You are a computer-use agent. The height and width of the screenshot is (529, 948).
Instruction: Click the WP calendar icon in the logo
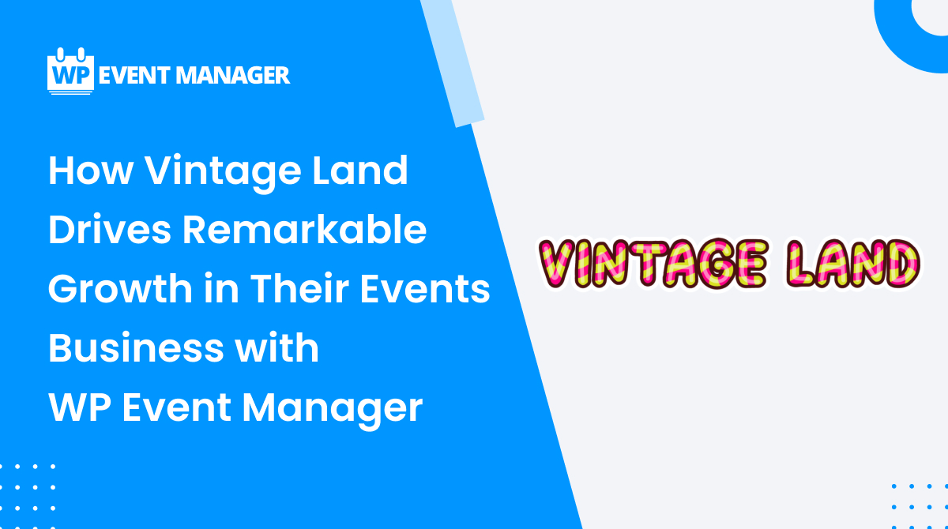point(70,71)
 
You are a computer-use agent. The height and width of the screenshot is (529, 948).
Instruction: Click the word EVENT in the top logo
point(134,76)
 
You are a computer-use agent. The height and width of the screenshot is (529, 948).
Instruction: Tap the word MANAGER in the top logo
point(233,76)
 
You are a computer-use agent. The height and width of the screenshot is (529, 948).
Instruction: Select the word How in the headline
point(91,171)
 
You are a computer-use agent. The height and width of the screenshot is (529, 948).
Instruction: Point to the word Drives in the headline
point(110,230)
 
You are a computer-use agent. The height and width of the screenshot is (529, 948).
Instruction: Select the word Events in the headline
point(425,289)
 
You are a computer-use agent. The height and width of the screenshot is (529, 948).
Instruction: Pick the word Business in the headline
point(136,347)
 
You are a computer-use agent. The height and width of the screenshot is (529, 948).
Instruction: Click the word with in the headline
point(276,347)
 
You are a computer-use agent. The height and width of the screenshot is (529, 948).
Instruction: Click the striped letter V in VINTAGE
point(556,264)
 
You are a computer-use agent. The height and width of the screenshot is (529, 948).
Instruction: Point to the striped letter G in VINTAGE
point(713,264)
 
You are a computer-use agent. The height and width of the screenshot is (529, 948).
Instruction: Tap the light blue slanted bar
point(453,62)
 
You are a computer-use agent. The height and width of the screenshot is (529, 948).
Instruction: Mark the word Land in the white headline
point(360,171)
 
